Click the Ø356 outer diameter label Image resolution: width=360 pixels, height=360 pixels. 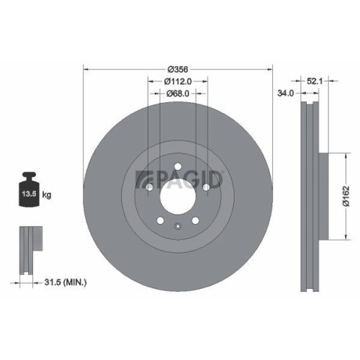click(x=177, y=69)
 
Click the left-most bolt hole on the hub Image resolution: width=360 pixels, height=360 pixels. click(x=148, y=187)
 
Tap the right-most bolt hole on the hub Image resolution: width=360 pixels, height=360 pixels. click(x=206, y=187)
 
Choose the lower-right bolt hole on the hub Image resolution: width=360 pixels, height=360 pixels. click(x=195, y=221)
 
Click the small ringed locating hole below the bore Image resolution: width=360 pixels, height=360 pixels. click(x=177, y=228)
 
